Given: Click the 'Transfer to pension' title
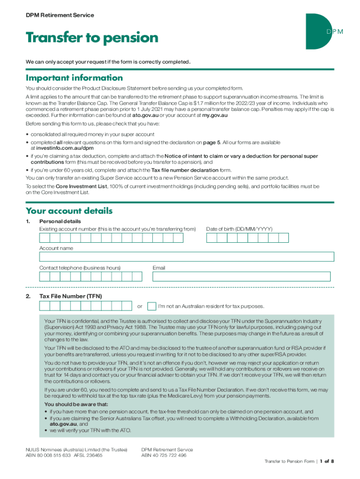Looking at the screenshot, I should click(x=92, y=37).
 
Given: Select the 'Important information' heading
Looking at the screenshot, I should click(x=74, y=78).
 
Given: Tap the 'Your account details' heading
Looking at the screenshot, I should click(x=69, y=211).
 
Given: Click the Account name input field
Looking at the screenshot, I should click(x=187, y=257).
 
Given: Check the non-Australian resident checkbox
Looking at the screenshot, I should click(x=151, y=306).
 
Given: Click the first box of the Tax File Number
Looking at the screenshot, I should click(x=44, y=306).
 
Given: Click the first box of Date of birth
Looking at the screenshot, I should click(x=211, y=238).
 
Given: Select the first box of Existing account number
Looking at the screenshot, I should click(x=44, y=238).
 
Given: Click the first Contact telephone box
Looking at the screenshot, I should click(x=44, y=276).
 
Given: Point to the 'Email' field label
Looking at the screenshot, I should click(x=159, y=268).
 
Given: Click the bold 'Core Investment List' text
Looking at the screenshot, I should click(x=81, y=186).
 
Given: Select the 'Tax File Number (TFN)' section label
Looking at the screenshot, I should click(x=71, y=296).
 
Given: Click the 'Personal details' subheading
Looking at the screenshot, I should click(x=60, y=221).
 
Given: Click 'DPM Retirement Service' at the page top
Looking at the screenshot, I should click(x=60, y=15).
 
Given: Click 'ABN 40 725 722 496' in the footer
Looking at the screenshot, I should click(x=164, y=455).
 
